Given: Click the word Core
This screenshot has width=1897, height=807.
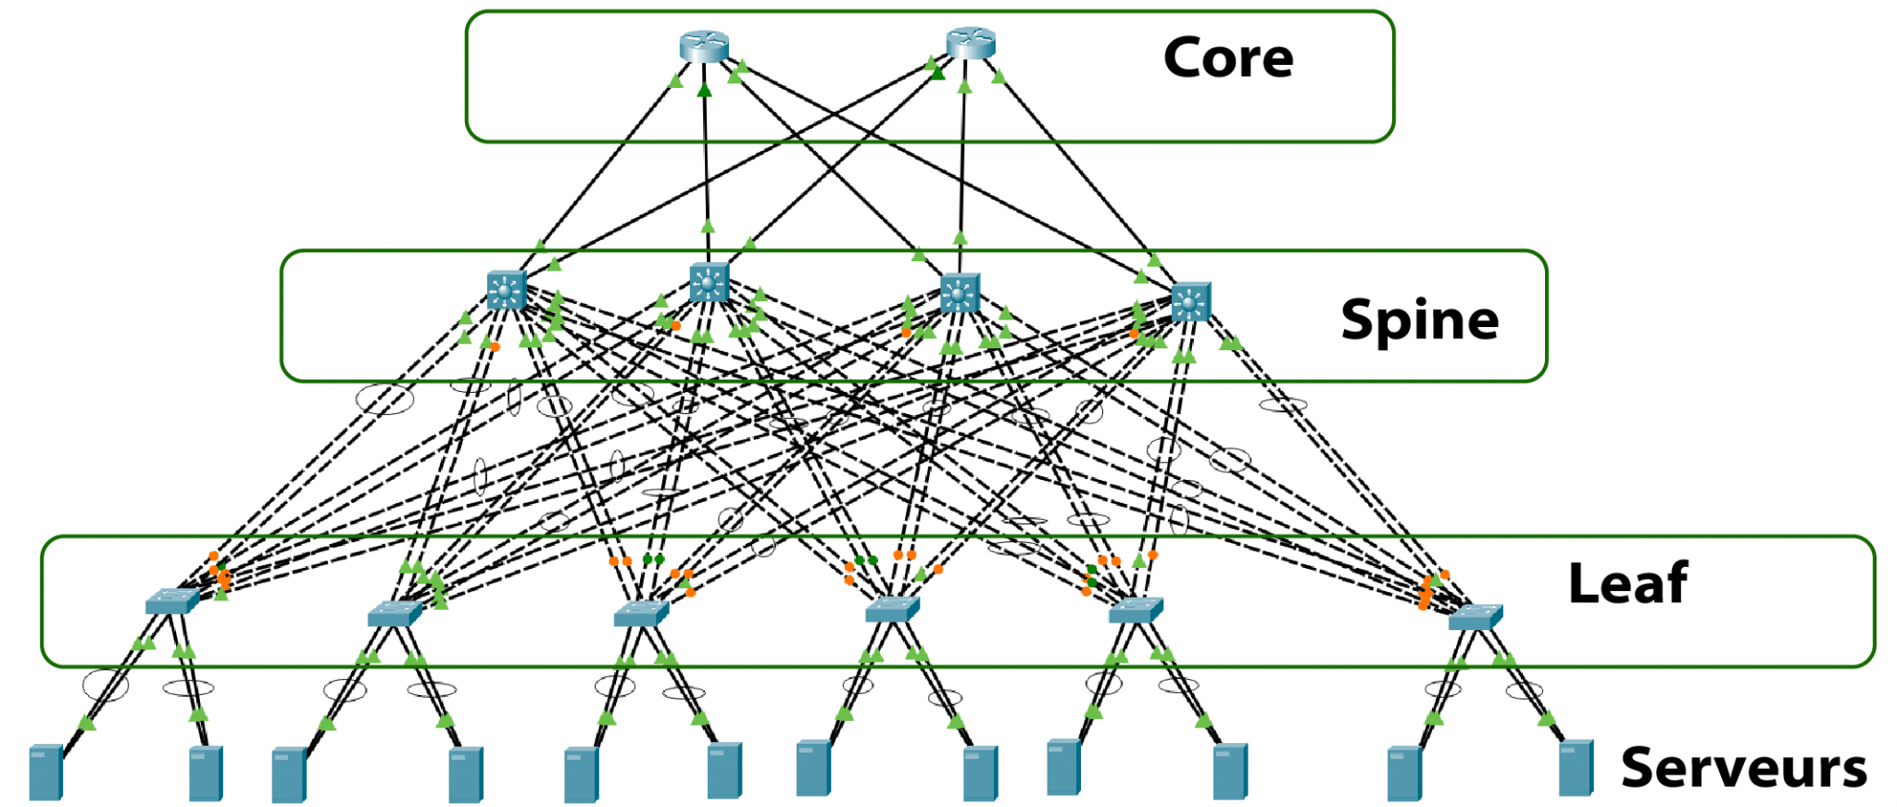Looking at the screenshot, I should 1227,58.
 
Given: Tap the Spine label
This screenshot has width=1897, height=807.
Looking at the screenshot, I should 1419,321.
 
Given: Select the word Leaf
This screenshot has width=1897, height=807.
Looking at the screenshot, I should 1627,584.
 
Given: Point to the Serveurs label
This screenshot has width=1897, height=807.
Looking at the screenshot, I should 1743,768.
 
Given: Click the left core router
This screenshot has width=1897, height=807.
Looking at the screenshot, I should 704,45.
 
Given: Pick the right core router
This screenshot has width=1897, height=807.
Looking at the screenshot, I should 970,43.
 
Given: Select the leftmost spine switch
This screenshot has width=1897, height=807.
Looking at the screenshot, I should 507,290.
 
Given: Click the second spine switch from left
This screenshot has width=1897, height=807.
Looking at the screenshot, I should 710,282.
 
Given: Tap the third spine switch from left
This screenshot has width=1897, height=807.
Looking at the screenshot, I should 960,293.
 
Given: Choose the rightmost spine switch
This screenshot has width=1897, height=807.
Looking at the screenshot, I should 1191,302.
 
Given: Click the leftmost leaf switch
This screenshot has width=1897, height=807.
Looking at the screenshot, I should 172,601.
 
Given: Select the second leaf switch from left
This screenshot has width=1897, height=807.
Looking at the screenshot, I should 395,612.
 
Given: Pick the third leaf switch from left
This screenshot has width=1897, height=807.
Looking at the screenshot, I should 641,612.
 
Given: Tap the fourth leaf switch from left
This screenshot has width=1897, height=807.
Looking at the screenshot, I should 892,609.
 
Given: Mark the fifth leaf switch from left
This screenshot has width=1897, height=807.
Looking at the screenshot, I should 1136,610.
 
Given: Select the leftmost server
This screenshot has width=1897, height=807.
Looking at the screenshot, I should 45,773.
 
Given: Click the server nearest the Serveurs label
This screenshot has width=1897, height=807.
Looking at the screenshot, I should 1576,768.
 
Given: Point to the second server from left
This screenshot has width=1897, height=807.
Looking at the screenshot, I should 206,774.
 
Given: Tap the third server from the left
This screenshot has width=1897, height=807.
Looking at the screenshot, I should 289,775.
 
